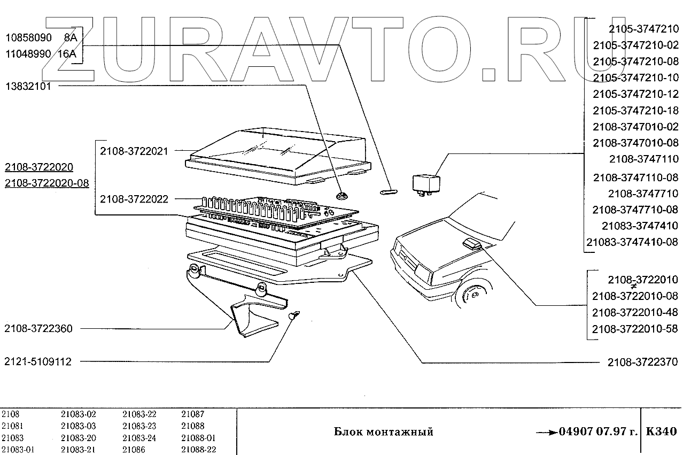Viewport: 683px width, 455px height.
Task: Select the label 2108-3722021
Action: click(134, 151)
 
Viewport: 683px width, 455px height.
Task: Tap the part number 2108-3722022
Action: click(134, 199)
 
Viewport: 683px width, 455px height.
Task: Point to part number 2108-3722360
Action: click(38, 328)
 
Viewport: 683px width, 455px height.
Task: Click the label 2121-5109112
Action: click(38, 362)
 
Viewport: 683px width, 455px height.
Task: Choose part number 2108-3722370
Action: click(642, 362)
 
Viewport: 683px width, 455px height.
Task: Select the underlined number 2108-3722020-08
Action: click(47, 183)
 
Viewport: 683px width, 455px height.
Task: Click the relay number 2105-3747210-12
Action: click(635, 94)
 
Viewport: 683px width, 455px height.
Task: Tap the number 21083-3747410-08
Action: click(632, 242)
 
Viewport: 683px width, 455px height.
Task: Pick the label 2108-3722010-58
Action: click(635, 328)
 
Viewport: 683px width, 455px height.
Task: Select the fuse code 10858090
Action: click(28, 38)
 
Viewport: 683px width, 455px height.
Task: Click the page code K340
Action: click(661, 431)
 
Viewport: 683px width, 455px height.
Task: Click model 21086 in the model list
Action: click(134, 450)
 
